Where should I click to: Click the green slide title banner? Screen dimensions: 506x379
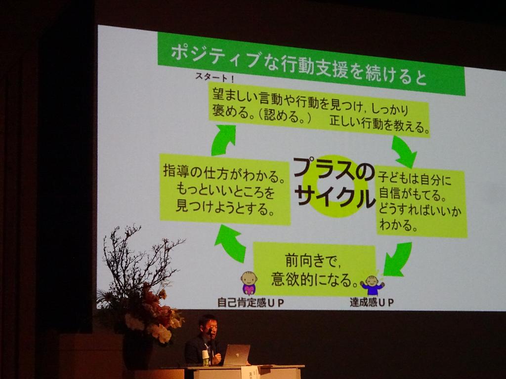311,64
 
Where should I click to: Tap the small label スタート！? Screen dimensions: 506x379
214,77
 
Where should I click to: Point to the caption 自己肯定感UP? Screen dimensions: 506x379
251,303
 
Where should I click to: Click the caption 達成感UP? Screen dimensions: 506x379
372,303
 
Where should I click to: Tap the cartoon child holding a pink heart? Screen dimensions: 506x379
249,283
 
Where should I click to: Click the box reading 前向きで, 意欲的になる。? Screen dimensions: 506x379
315,269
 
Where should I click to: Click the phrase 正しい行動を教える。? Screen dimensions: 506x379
379,124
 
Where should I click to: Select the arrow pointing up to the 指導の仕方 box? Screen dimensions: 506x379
231,242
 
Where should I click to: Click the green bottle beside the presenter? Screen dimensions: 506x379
205,358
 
